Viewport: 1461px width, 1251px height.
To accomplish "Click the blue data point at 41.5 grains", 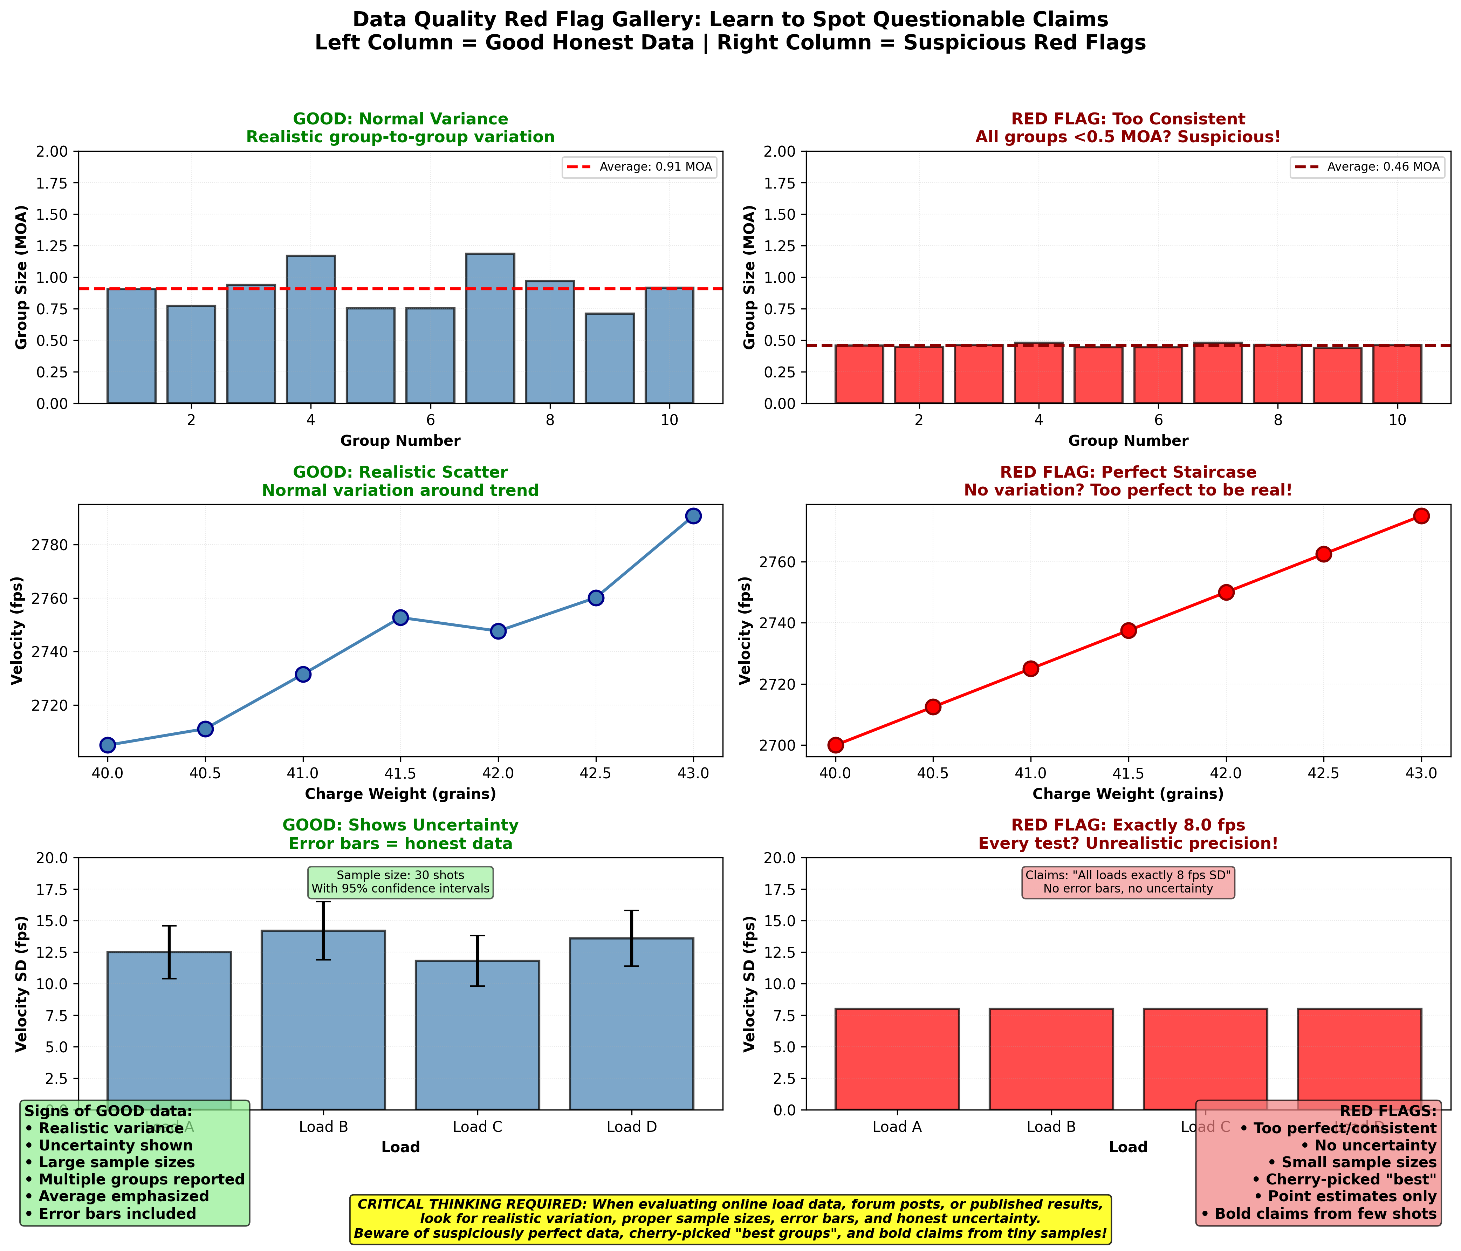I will [x=400, y=617].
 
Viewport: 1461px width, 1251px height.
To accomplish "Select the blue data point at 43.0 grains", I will [x=693, y=516].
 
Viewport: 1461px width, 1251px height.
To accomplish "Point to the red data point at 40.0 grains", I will [x=836, y=745].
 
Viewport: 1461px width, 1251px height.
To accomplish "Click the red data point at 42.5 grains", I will [x=1324, y=554].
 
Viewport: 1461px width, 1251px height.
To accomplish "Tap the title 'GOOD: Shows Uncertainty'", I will [x=400, y=825].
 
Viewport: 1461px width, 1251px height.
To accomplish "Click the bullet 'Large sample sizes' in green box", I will [x=109, y=1162].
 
